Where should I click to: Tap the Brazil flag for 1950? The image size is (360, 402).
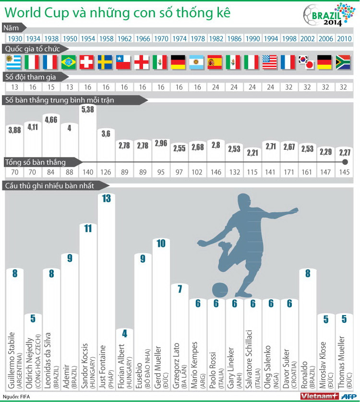click(x=69, y=62)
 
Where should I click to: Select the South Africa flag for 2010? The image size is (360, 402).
click(x=343, y=62)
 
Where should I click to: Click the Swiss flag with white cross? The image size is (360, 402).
click(x=87, y=62)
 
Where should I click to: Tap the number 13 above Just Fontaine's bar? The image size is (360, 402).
click(x=106, y=198)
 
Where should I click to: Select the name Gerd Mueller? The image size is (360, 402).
click(x=158, y=361)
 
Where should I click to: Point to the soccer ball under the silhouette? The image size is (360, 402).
click(x=220, y=290)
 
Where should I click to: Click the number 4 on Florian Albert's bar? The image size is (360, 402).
click(x=124, y=333)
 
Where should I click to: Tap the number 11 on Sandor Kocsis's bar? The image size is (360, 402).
click(x=87, y=228)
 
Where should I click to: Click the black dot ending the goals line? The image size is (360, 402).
click(x=343, y=163)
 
